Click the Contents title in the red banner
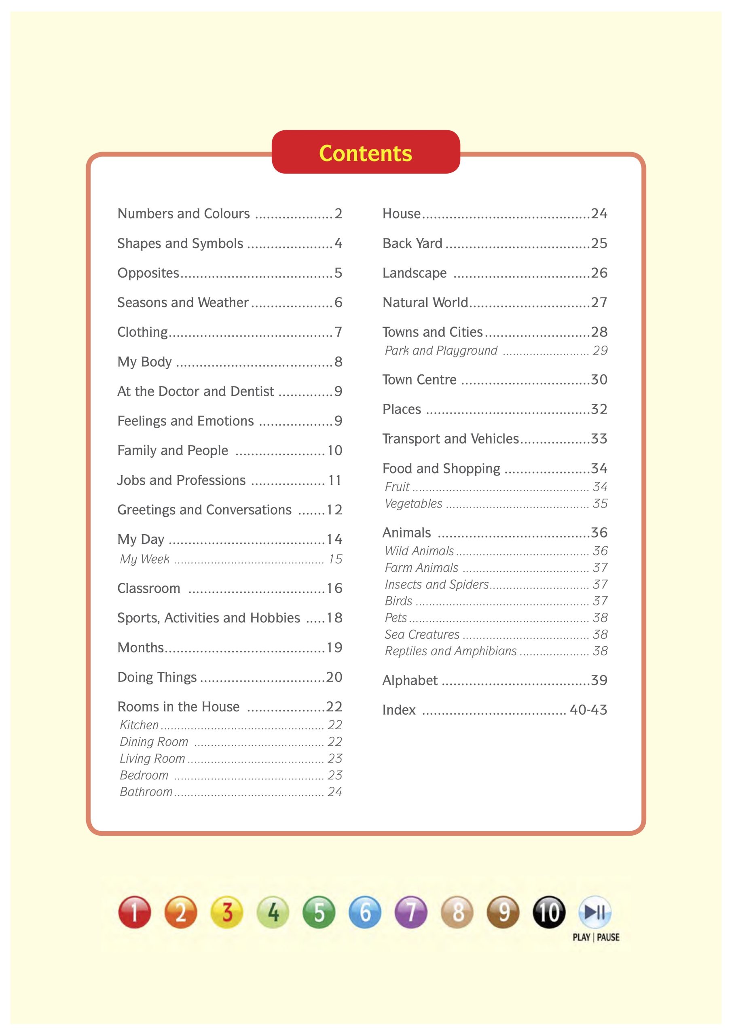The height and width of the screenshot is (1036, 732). (x=365, y=153)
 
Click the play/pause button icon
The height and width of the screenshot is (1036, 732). (x=595, y=911)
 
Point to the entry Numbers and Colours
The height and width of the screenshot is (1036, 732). (x=184, y=213)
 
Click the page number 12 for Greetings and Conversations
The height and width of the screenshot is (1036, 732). (x=334, y=510)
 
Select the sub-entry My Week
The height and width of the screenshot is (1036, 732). (x=145, y=559)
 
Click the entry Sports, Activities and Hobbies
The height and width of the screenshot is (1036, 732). (x=208, y=618)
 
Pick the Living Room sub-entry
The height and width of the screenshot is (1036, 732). (x=152, y=758)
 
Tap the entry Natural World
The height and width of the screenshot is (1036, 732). (x=425, y=302)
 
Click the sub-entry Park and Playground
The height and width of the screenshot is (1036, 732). (x=441, y=350)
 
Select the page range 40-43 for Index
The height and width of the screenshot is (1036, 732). (x=588, y=710)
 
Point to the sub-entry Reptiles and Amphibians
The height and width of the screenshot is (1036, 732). (x=451, y=651)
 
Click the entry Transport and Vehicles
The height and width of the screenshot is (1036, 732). (x=451, y=439)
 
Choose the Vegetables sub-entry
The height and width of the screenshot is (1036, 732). (x=414, y=503)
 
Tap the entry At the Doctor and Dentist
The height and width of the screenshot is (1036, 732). (x=195, y=391)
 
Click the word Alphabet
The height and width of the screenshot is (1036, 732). (x=410, y=680)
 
